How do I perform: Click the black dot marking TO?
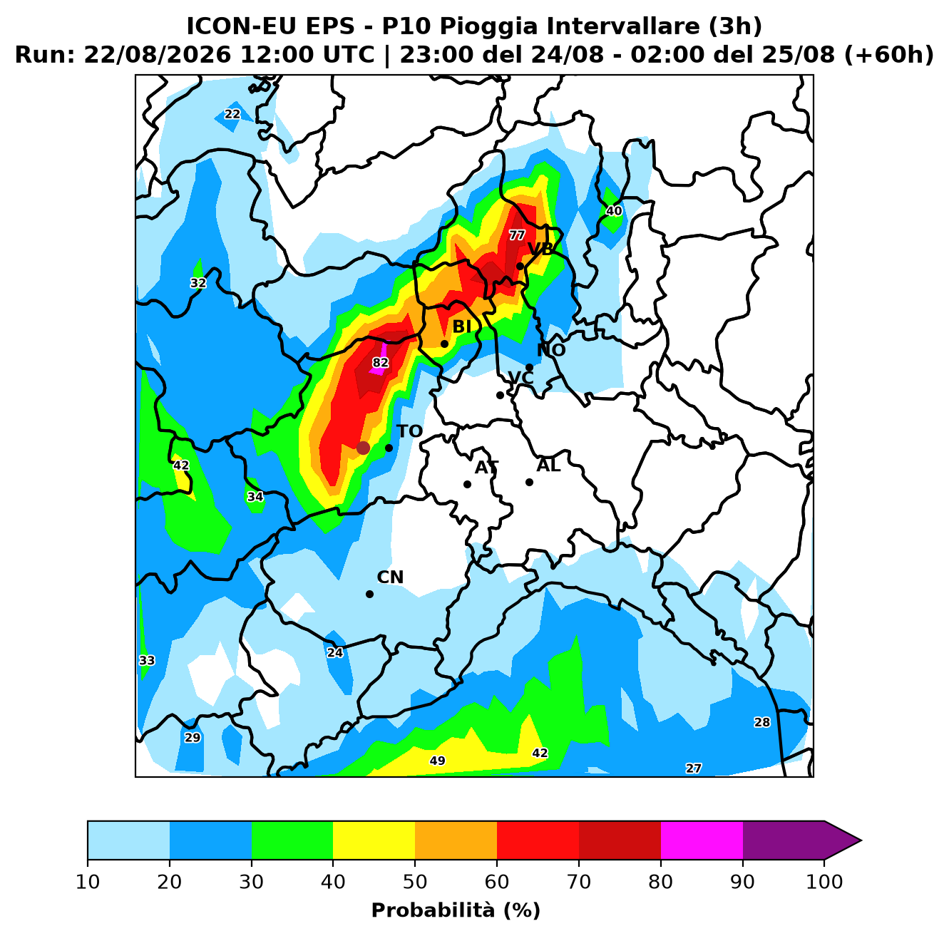point(389,448)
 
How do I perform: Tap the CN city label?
point(390,577)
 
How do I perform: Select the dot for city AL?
point(529,483)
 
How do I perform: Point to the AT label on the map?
point(486,468)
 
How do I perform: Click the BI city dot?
point(444,344)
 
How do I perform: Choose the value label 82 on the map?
point(380,363)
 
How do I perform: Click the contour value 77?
point(517,235)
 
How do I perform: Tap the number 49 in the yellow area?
point(437,761)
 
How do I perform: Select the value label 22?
point(232,114)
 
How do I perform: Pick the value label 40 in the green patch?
point(614,211)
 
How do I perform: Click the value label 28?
point(762,722)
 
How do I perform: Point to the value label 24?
point(335,653)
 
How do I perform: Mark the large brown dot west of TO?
point(363,448)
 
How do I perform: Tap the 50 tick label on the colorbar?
point(415,882)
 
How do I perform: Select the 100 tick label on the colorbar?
point(824,882)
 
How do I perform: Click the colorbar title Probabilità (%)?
point(456,910)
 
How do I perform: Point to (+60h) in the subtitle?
point(888,55)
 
